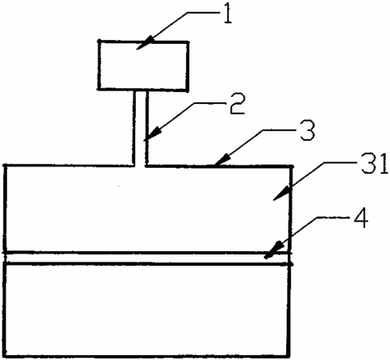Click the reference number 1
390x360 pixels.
tap(227, 14)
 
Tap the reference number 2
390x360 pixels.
tap(237, 104)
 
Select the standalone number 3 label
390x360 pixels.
tap(307, 130)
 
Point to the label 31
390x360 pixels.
tap(375, 163)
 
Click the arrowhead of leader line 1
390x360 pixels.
tap(145, 44)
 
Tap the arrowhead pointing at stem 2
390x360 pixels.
tap(153, 134)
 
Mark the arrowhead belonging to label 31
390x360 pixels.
tap(281, 194)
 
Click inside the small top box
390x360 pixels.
tap(143, 66)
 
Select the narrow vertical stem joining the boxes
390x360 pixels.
tap(140, 127)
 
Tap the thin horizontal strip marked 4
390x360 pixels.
tap(147, 258)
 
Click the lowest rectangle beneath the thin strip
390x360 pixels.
tap(147, 310)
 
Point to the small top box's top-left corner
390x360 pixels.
tap(99, 42)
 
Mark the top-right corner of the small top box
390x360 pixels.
tap(188, 42)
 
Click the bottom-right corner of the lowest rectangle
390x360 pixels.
tap(289, 356)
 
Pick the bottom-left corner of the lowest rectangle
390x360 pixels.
tap(6, 356)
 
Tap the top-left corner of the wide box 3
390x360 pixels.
tap(6, 166)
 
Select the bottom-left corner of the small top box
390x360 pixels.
tap(98, 89)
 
